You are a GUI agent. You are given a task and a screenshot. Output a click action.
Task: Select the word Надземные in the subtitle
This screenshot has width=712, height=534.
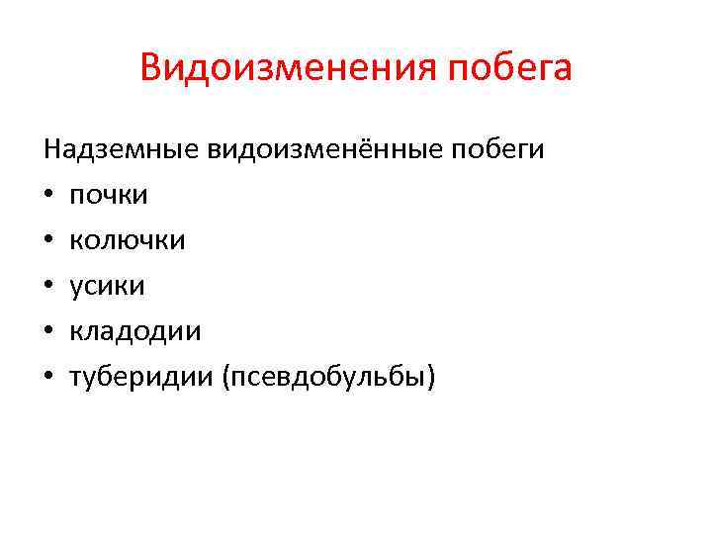click(122, 149)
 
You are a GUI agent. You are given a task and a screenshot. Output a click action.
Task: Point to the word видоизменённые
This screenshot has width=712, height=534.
click(326, 149)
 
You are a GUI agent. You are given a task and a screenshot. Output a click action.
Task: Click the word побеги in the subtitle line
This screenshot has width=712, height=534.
click(497, 150)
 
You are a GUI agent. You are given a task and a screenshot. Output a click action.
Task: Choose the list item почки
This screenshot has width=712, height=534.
click(109, 196)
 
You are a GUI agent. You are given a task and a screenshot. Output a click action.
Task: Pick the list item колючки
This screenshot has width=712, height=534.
click(127, 240)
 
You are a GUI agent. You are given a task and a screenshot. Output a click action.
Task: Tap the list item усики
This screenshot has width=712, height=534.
click(107, 286)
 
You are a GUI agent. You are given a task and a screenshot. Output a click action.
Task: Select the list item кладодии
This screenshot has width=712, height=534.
click(134, 331)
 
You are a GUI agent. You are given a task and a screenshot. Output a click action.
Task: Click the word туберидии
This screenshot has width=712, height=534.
click(144, 377)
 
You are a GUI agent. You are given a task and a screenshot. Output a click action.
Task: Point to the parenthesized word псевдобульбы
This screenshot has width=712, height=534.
click(331, 377)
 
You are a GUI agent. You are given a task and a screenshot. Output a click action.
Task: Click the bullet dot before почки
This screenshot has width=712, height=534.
click(47, 196)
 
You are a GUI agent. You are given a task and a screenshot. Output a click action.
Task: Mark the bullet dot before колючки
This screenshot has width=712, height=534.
click(47, 241)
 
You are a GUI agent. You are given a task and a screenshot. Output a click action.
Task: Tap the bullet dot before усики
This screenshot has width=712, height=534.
click(47, 287)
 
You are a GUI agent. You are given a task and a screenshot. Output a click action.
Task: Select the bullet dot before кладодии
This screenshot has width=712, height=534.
click(47, 332)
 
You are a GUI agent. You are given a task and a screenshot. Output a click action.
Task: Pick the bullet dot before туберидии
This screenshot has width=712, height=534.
click(47, 378)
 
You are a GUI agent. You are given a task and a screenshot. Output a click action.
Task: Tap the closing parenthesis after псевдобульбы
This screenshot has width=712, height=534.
click(430, 378)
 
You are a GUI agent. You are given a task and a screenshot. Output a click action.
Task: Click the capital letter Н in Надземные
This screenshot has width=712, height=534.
click(51, 149)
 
